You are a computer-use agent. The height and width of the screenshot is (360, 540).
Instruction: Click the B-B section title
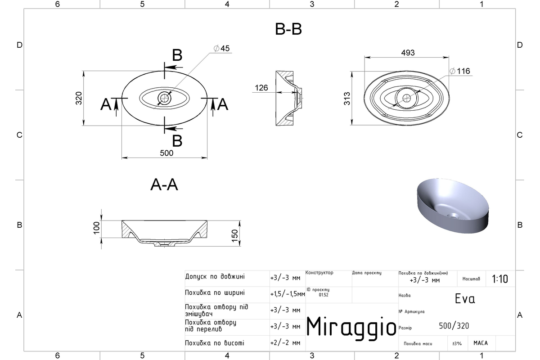tap(288, 29)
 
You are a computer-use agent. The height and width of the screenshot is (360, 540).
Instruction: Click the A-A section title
tap(164, 185)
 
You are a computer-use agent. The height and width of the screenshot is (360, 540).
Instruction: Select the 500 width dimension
tap(166, 153)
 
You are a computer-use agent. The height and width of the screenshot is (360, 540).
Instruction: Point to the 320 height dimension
tap(79, 98)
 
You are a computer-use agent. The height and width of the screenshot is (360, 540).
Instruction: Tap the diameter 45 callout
tap(221, 49)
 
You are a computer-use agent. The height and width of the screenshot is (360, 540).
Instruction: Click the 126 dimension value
tap(261, 88)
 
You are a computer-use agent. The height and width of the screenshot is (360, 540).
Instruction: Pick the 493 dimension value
tap(408, 53)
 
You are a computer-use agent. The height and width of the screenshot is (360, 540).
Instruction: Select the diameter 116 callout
tap(460, 71)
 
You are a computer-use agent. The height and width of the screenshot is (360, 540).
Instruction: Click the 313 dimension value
tap(347, 99)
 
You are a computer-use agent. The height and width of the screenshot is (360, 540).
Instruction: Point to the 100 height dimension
tap(96, 228)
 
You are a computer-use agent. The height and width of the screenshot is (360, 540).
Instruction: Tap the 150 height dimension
tap(234, 236)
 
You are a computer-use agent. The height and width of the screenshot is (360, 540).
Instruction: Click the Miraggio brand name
tap(351, 328)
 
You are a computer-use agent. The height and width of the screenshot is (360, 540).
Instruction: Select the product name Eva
tap(465, 299)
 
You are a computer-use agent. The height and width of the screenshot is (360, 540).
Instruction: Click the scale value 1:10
tap(500, 279)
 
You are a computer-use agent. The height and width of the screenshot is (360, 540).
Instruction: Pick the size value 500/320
tap(454, 326)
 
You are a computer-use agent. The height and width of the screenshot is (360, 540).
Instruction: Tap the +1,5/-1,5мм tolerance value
tap(288, 294)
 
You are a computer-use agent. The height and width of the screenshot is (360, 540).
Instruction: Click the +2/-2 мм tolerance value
tap(285, 343)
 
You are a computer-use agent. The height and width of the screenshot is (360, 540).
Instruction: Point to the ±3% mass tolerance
tap(457, 344)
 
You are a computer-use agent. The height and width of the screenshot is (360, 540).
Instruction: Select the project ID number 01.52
tap(324, 295)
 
